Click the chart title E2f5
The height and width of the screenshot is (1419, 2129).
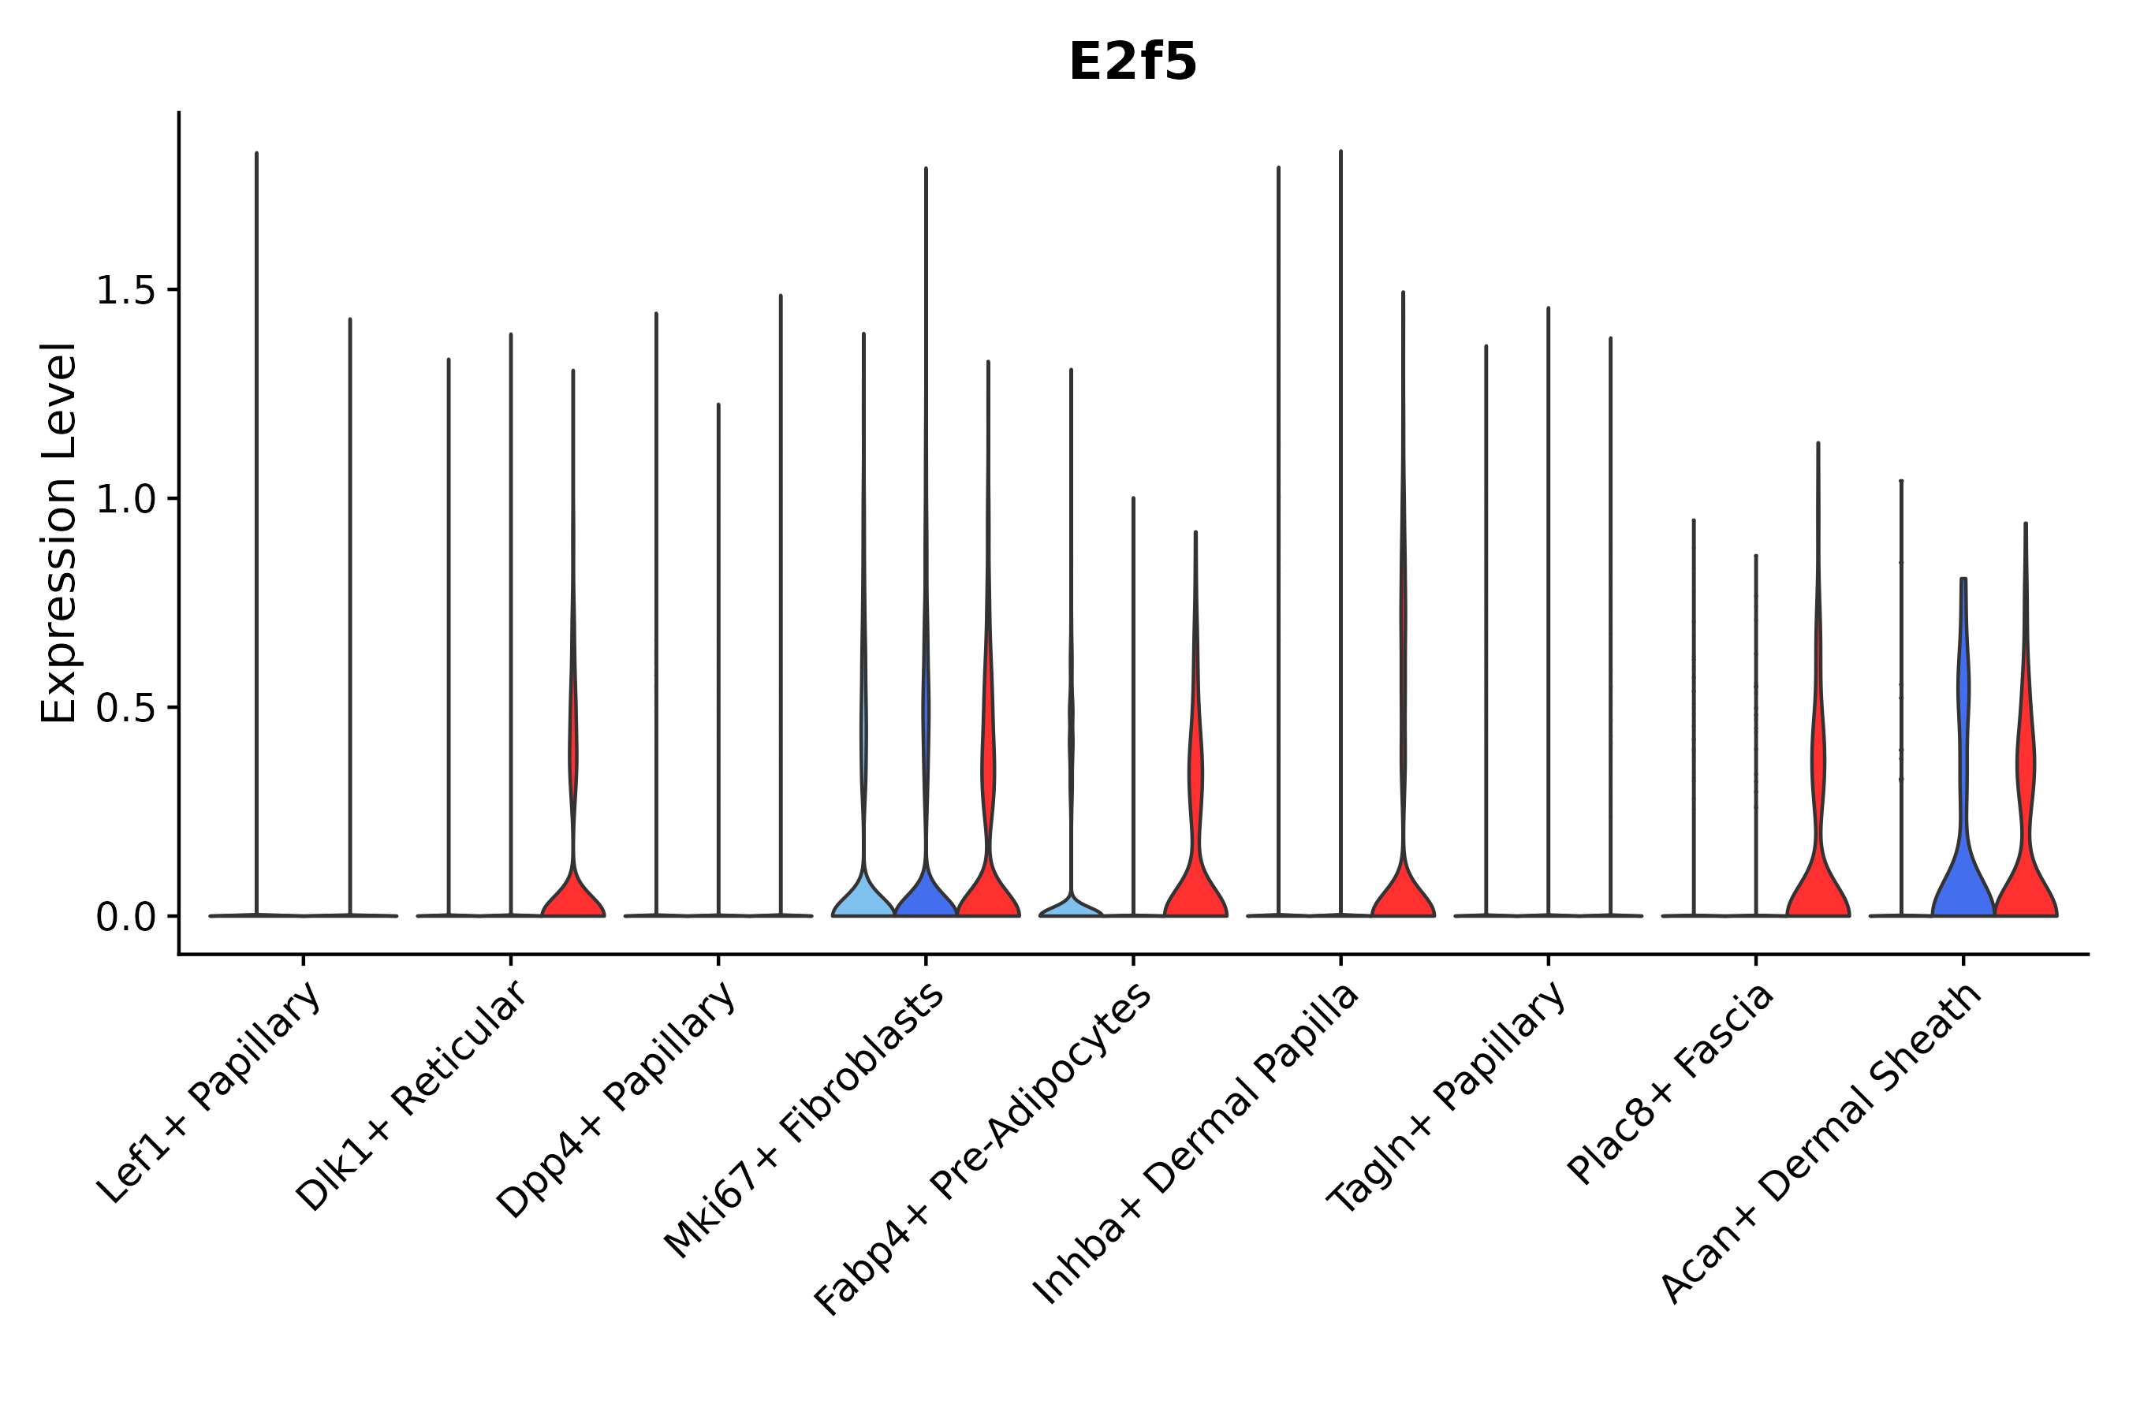coord(1132,62)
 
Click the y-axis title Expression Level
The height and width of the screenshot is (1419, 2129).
coord(60,533)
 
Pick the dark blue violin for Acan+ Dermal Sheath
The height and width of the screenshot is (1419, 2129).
coord(1963,878)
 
